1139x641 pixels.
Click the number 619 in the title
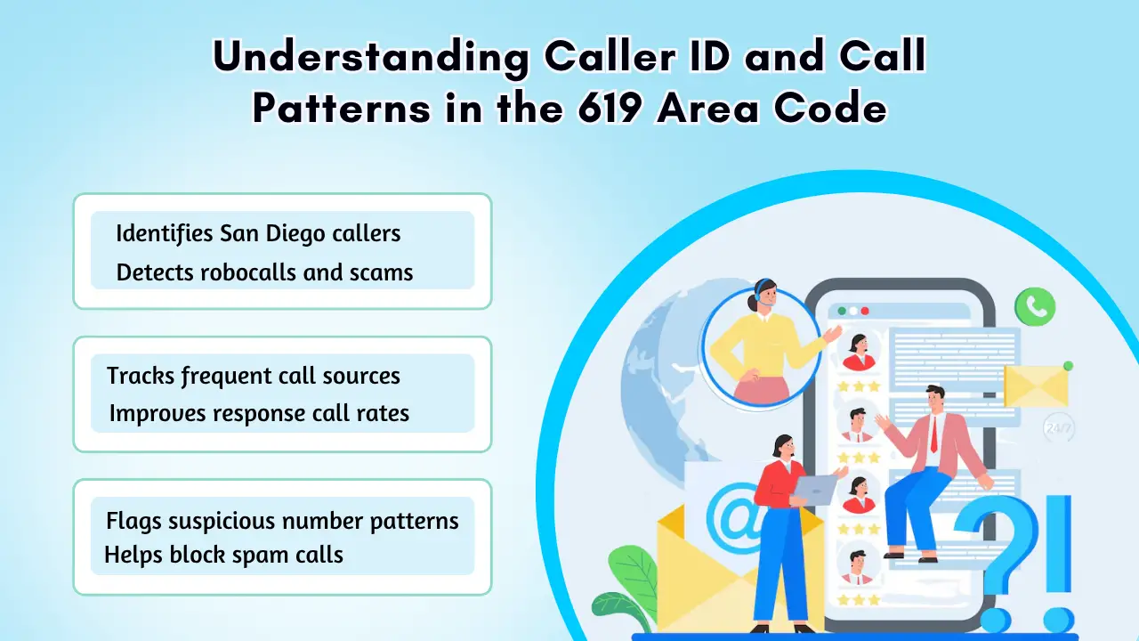(609, 108)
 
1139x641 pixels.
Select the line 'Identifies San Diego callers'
(258, 234)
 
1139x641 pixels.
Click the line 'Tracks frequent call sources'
(254, 377)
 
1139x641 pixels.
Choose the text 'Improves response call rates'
(259, 413)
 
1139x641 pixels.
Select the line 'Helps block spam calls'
(223, 555)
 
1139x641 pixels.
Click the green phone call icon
(1035, 306)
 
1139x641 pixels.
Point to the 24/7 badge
(1059, 428)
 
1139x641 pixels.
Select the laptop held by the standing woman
(814, 490)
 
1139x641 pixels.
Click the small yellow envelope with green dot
(1037, 385)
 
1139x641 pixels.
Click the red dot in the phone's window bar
(865, 311)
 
